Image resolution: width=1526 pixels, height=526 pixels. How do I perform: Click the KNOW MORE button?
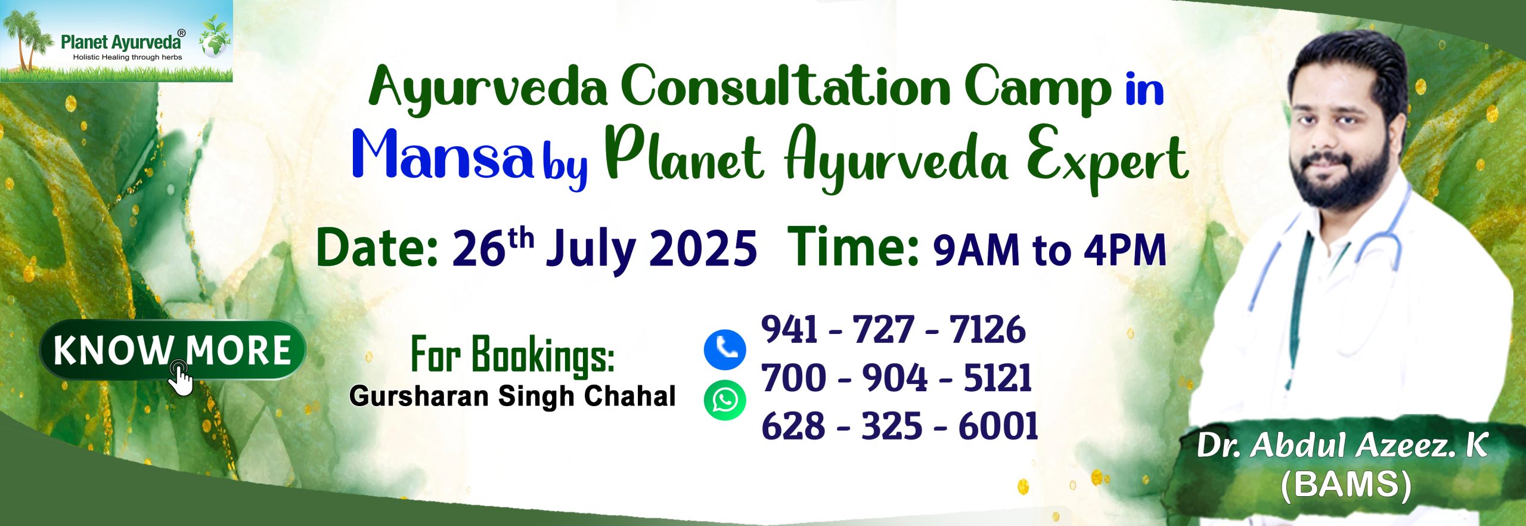(173, 351)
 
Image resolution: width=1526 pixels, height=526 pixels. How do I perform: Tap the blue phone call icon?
(725, 349)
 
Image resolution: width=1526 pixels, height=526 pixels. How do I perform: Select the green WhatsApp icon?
(725, 400)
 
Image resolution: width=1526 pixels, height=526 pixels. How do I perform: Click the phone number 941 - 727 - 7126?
(894, 329)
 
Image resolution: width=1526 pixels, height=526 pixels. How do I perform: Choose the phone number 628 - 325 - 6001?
(900, 426)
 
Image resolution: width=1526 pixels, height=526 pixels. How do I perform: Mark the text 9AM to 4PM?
(1050, 250)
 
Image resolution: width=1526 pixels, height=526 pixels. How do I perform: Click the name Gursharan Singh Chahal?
(513, 397)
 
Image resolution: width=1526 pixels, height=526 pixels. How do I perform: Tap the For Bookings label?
(513, 355)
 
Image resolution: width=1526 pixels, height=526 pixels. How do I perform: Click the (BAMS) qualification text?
(1346, 485)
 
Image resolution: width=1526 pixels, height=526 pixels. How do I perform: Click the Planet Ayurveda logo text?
(121, 42)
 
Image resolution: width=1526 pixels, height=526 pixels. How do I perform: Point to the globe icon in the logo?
(215, 44)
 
